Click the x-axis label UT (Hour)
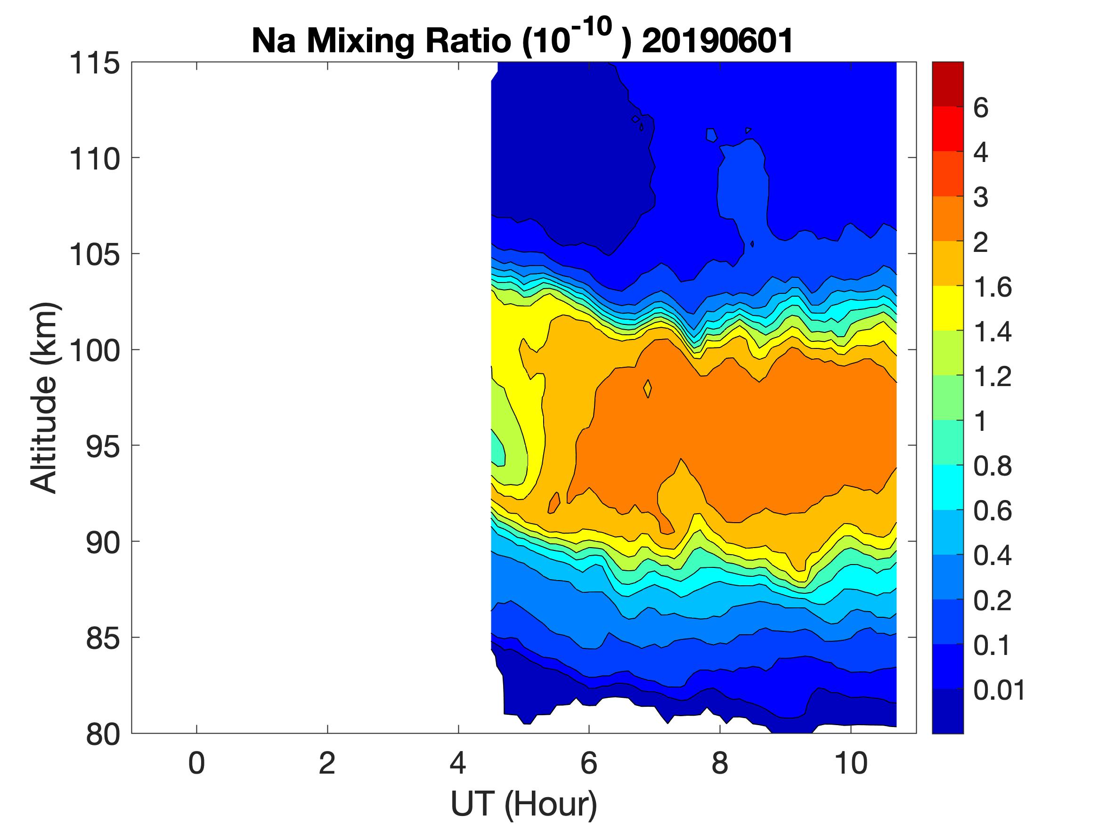click(524, 804)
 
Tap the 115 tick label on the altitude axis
click(94, 64)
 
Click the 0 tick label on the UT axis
click(196, 763)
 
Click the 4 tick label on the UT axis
click(457, 763)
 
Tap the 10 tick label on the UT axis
click(851, 763)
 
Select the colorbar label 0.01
click(999, 690)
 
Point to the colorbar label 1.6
click(992, 288)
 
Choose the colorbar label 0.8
click(992, 467)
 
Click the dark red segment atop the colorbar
click(947, 84)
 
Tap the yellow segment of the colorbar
click(947, 308)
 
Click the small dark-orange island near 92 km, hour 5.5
click(554, 503)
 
